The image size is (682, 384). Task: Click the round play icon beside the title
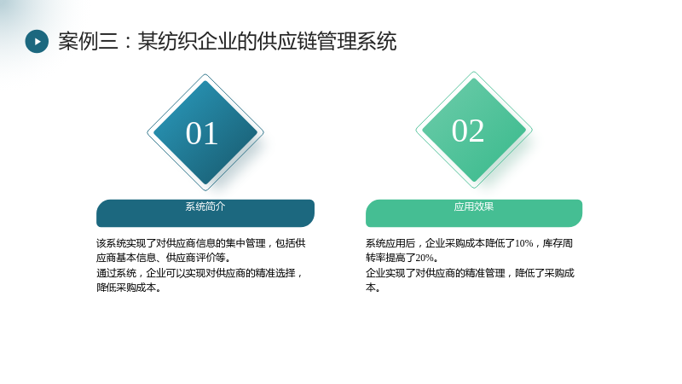[x=37, y=41]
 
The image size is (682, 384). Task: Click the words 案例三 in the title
[x=89, y=41]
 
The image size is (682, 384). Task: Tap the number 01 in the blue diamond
[x=202, y=133]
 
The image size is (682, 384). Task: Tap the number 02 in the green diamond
[x=468, y=131]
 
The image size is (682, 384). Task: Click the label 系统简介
[x=205, y=207]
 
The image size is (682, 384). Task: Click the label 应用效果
[x=474, y=207]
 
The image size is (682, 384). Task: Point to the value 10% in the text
[x=524, y=243]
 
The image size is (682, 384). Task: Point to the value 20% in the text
[x=425, y=259]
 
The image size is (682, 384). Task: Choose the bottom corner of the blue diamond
[x=205, y=190]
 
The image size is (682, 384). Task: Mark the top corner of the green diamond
[x=474, y=72]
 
